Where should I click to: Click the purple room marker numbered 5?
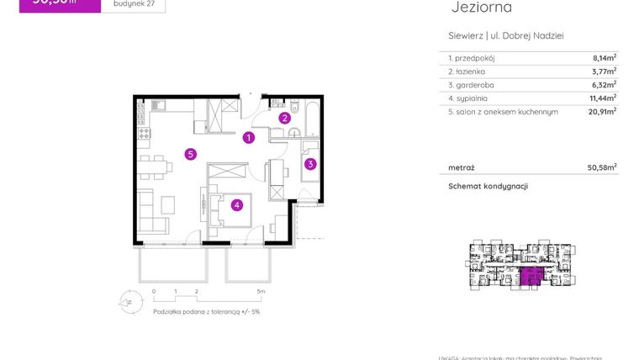[x=192, y=154]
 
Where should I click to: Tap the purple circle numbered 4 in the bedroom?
[x=238, y=204]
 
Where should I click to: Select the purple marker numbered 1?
[x=249, y=138]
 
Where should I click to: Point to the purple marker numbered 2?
[x=285, y=119]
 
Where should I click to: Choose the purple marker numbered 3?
[x=310, y=164]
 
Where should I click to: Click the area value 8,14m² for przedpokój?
[x=603, y=58]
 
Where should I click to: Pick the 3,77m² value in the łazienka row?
[x=603, y=71]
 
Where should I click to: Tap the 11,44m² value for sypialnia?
[x=601, y=98]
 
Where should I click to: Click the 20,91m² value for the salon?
[x=601, y=111]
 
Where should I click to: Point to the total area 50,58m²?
[x=602, y=167]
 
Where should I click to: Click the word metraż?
[x=462, y=167]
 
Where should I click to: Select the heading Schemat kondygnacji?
[x=488, y=186]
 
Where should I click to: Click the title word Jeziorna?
[x=482, y=8]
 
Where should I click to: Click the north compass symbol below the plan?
[x=129, y=299]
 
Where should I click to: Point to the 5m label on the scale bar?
[x=261, y=292]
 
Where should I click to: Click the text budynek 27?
[x=132, y=4]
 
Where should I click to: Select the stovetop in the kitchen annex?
[x=144, y=133]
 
